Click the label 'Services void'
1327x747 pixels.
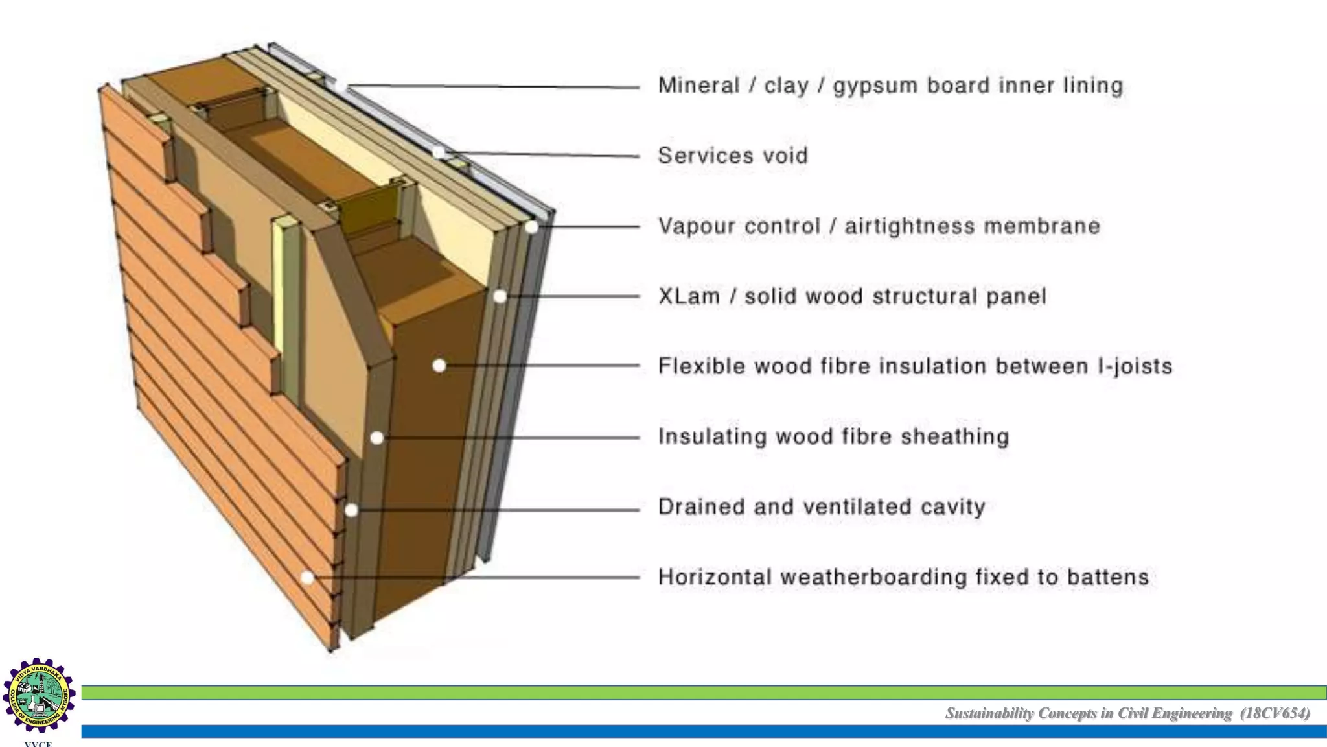[733, 156]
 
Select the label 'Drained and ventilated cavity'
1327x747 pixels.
[822, 506]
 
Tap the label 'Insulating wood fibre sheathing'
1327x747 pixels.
[833, 436]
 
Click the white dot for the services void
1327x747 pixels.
[439, 153]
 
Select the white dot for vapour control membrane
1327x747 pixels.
[531, 227]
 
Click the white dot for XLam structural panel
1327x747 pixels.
[500, 296]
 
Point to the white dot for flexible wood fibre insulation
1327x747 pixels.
[439, 366]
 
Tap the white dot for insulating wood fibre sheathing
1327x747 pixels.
[376, 438]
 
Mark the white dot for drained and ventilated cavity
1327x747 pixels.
[351, 510]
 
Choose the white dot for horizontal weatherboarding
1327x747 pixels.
[308, 577]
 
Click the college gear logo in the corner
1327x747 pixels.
[39, 696]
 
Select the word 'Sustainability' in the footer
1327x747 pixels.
[989, 713]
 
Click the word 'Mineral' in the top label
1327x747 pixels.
[698, 86]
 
